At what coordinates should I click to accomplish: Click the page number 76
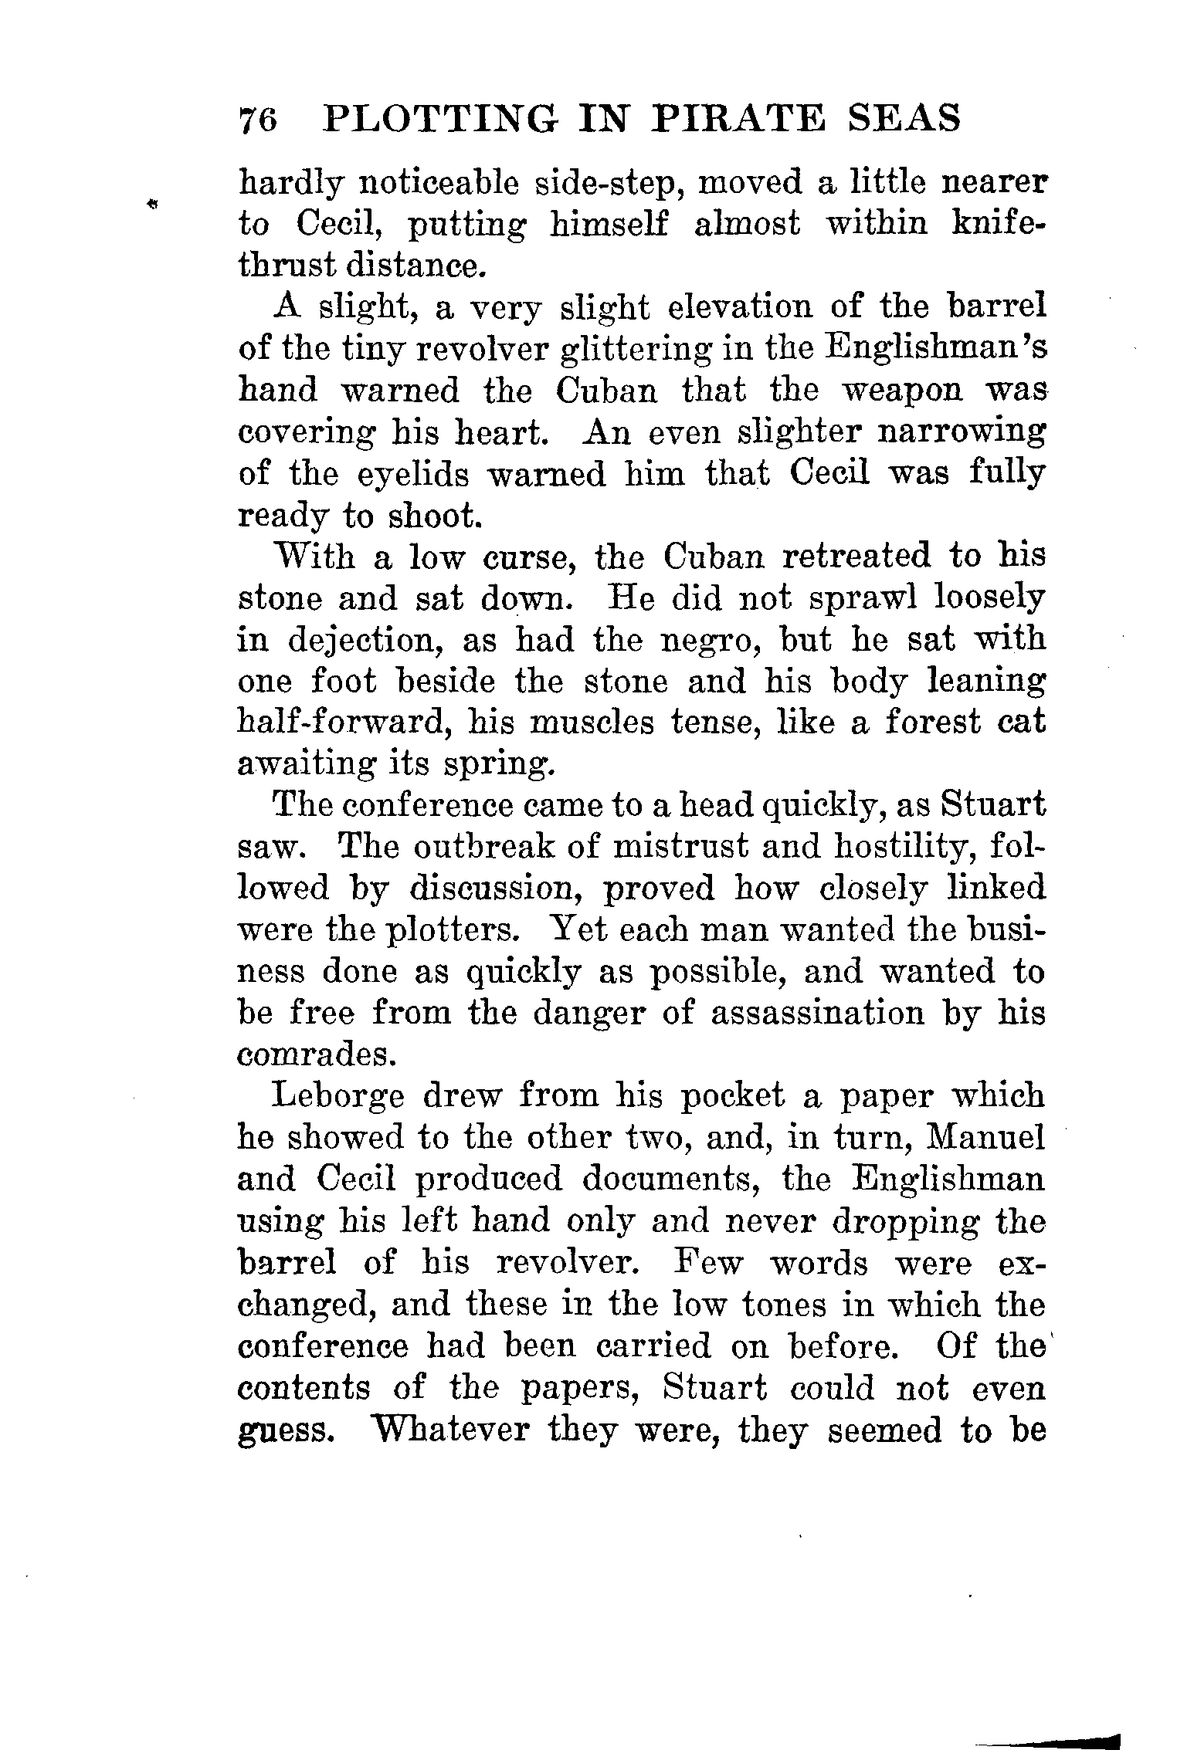point(259,120)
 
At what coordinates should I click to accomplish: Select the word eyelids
point(410,474)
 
